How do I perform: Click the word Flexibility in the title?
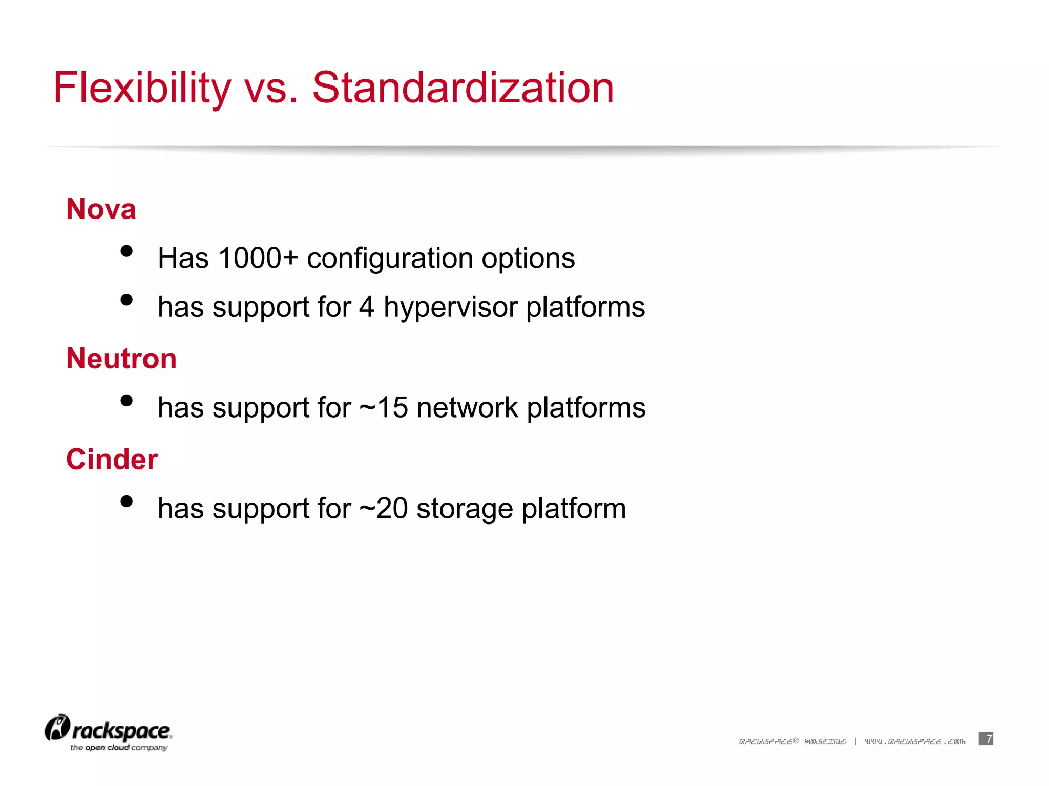[x=142, y=88]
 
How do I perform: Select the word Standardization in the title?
[x=463, y=88]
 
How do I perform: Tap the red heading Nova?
[x=101, y=209]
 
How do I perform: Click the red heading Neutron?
[x=121, y=359]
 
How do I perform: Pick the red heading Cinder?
[x=112, y=460]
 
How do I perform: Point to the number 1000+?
[x=258, y=258]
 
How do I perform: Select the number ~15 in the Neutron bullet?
[x=384, y=408]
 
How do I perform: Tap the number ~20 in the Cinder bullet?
[x=384, y=509]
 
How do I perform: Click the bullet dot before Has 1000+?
[x=127, y=251]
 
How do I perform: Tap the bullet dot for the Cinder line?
[x=127, y=501]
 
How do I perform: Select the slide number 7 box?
[x=985, y=738]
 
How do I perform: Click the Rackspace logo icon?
[x=57, y=728]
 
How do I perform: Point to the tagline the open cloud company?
[x=119, y=748]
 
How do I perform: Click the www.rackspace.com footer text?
[x=915, y=741]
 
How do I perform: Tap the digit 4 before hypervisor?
[x=367, y=308]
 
